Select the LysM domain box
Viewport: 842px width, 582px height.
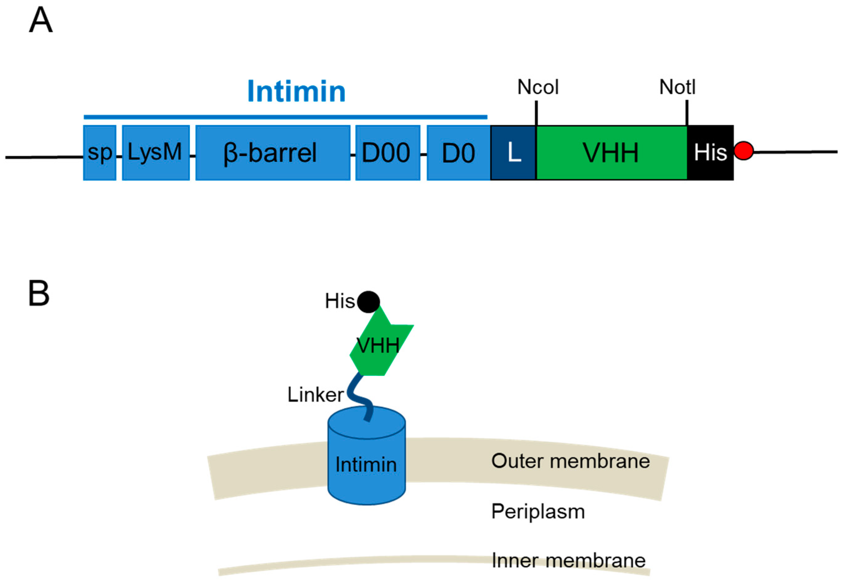(x=155, y=152)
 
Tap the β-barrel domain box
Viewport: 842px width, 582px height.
(x=272, y=152)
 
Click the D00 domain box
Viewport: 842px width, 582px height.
(x=387, y=152)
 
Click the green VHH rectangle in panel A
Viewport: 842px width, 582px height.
(x=611, y=152)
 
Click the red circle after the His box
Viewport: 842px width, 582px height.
(x=743, y=150)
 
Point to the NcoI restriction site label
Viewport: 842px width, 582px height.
(x=537, y=87)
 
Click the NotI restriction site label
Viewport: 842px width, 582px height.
(x=677, y=87)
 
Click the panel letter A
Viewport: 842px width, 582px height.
(x=41, y=20)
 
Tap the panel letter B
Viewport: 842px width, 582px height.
(x=38, y=293)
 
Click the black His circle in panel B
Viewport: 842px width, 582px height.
(x=368, y=302)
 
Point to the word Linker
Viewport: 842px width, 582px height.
(x=315, y=395)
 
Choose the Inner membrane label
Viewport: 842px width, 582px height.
(x=568, y=561)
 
